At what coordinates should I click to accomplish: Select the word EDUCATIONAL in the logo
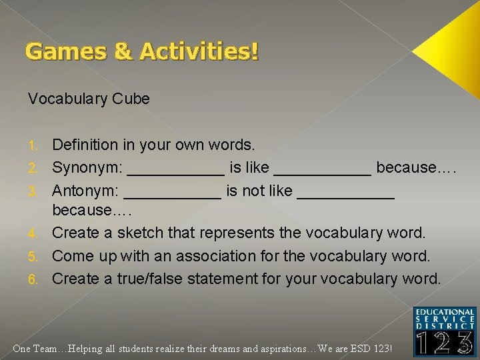(x=445, y=312)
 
